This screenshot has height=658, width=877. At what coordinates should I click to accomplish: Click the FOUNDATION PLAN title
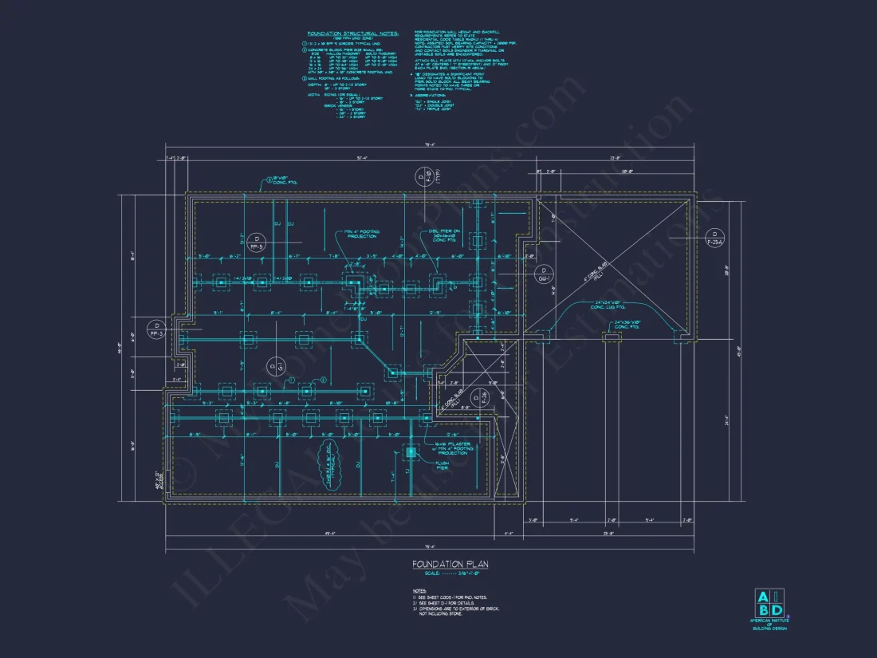point(450,564)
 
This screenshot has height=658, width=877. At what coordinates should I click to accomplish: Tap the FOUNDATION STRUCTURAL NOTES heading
point(343,34)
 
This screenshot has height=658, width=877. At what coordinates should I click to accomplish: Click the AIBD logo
point(769,607)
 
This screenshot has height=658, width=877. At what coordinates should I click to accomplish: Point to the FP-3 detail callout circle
point(157,329)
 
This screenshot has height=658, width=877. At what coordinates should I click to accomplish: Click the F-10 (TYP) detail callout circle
point(421,176)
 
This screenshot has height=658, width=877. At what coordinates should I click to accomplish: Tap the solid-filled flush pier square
point(411,452)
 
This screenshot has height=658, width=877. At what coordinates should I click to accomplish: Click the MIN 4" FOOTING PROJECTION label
point(363,234)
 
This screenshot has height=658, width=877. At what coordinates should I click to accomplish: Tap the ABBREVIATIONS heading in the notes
point(435,94)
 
